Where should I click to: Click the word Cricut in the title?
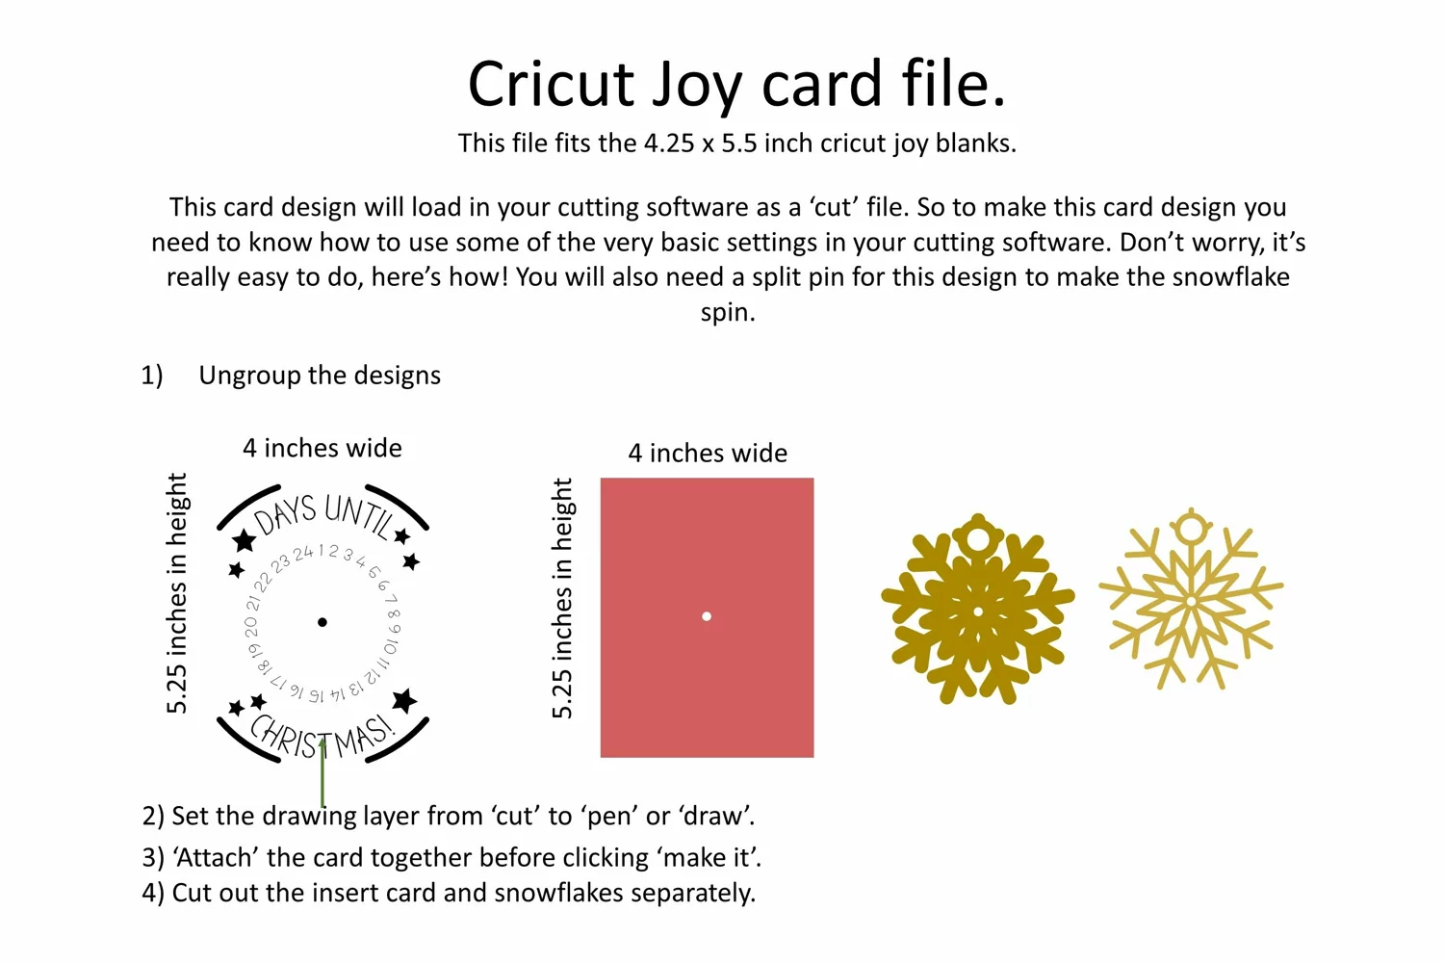click(x=552, y=83)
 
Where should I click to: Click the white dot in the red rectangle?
click(x=707, y=616)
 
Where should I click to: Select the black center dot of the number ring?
click(x=322, y=622)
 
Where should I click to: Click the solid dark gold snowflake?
click(x=977, y=609)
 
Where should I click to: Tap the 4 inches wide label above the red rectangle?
click(x=708, y=454)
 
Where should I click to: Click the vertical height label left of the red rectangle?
click(x=562, y=598)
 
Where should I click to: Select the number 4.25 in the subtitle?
click(x=666, y=143)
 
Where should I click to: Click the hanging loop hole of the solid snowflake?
click(x=978, y=538)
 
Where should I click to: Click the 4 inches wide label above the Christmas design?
click(x=322, y=449)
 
